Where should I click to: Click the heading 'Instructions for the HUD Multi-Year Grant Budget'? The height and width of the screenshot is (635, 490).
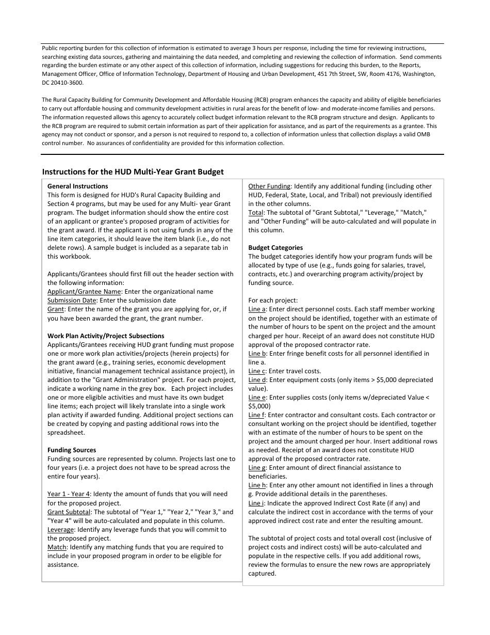[x=133, y=172]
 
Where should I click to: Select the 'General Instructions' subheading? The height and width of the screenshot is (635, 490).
[x=77, y=186]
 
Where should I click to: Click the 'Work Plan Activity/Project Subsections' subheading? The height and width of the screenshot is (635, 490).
[x=106, y=336]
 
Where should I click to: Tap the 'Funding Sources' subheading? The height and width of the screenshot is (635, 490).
[x=72, y=450]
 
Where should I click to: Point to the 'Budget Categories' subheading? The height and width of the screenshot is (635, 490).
[x=275, y=248]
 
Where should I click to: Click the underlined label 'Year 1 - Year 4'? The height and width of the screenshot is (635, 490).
[x=69, y=494]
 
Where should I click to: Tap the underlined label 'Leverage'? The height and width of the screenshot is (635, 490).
[x=60, y=530]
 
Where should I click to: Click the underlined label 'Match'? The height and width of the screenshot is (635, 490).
[x=57, y=547]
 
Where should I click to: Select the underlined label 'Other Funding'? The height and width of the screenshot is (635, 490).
[x=269, y=186]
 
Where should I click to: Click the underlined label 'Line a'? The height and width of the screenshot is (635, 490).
[x=257, y=309]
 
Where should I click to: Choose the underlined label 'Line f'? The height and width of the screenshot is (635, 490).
[x=256, y=415]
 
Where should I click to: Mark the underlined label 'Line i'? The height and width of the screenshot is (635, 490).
[x=256, y=503]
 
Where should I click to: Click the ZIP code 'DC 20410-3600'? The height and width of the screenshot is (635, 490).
[x=62, y=83]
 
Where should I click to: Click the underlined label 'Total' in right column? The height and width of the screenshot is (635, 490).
[x=255, y=213]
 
